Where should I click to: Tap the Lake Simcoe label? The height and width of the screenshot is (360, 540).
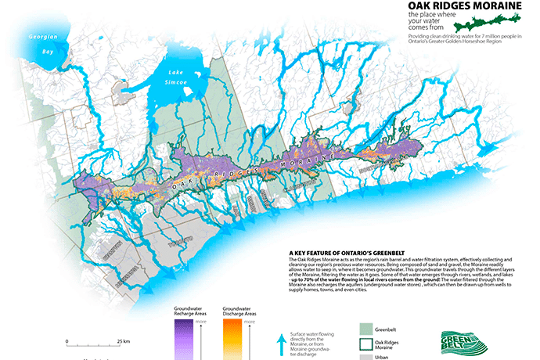click(174, 77)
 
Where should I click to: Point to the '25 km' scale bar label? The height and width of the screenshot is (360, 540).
click(123, 341)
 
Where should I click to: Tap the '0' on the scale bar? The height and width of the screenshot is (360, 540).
click(68, 341)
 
